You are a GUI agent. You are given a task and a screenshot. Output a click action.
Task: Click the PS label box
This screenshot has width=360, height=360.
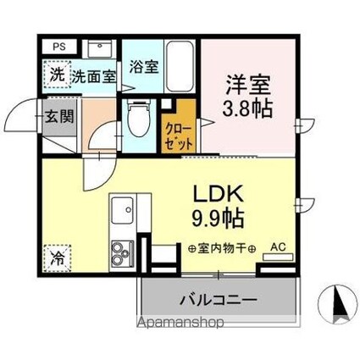pyautogui.click(x=58, y=47)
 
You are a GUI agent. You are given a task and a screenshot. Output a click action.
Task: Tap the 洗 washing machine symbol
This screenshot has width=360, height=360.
pyautogui.click(x=56, y=75)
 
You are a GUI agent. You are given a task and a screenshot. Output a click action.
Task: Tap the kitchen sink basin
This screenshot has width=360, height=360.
pyautogui.click(x=120, y=208)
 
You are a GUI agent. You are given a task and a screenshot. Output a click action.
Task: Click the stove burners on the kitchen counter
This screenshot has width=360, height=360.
pyautogui.click(x=120, y=252)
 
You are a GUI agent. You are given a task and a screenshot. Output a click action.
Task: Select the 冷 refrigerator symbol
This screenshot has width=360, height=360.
pyautogui.click(x=56, y=253)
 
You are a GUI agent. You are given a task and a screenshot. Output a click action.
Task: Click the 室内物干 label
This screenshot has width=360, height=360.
pyautogui.click(x=220, y=247)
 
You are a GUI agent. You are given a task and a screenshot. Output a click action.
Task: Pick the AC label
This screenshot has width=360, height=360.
pyautogui.click(x=277, y=247)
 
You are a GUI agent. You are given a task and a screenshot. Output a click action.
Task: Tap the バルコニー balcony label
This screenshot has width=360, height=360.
pyautogui.click(x=218, y=299)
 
